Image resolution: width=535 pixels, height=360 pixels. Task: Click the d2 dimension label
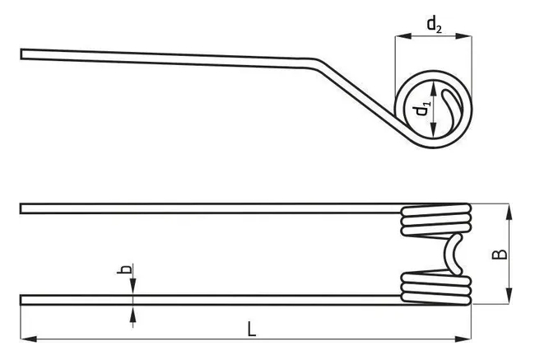coord(435,26)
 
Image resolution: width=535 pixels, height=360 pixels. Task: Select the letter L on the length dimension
coord(252,330)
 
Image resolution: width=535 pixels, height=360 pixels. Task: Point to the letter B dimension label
coord(500,255)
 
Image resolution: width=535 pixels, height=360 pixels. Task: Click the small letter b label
coord(124,269)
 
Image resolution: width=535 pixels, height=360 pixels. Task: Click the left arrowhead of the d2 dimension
coord(403,36)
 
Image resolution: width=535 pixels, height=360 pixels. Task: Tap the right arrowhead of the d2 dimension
coord(464,36)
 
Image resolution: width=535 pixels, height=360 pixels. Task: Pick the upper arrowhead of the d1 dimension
coord(433,88)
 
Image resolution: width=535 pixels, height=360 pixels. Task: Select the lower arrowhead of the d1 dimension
coord(433,130)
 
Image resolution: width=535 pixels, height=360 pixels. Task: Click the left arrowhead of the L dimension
coord(29,339)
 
